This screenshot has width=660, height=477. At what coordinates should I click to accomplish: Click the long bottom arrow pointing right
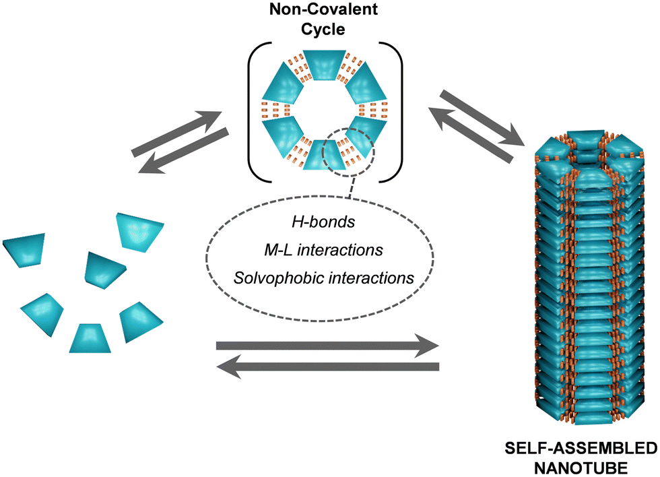(327, 346)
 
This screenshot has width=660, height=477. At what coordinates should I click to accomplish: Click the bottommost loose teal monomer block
(90, 338)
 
